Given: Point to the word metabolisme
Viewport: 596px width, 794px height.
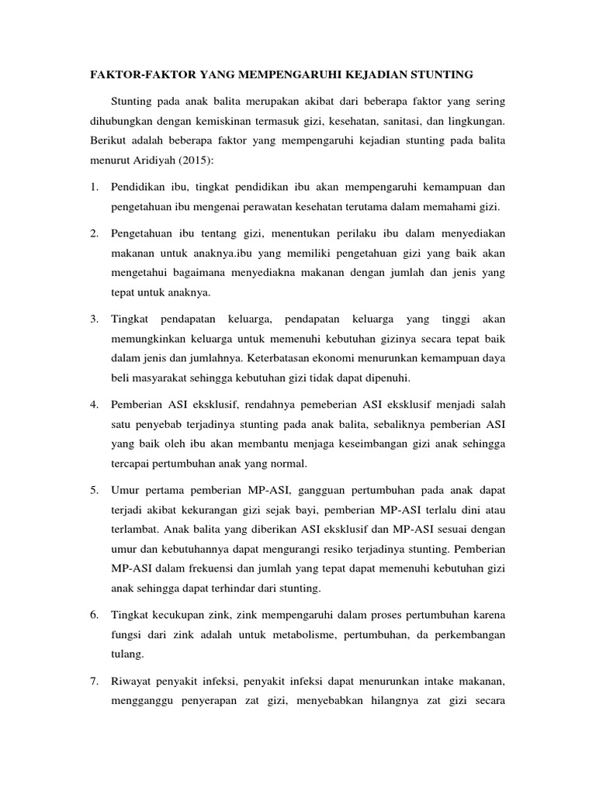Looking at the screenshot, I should click(x=303, y=636).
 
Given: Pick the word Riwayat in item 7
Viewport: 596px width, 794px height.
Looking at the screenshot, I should click(x=133, y=682).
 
